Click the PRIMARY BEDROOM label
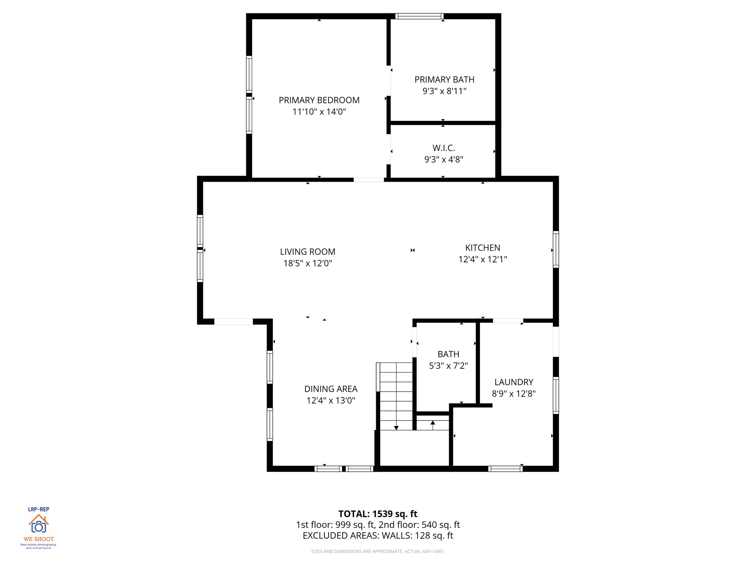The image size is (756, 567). pos(319,100)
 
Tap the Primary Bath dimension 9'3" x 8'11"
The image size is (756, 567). pos(444,91)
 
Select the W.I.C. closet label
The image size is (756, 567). pos(443,148)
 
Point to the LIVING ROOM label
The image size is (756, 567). pos(307,252)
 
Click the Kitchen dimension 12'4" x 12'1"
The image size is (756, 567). pos(482,260)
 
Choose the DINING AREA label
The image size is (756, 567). pos(331,389)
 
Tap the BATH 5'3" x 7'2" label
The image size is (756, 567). pos(448,360)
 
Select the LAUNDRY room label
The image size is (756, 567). pos(513,382)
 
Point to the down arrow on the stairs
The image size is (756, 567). pos(396,427)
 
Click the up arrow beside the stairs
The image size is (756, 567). pos(433,423)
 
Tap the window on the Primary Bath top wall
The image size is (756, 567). pos(419,16)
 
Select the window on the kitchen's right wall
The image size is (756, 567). pos(556,249)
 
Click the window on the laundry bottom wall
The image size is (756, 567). pos(505,469)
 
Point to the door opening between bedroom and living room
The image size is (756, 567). pos(368,180)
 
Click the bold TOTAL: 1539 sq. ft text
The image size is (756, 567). pos(378,514)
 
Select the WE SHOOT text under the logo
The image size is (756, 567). pos(38,539)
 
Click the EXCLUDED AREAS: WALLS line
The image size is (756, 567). pos(378,536)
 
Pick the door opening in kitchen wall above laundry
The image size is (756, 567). pos(508,320)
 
